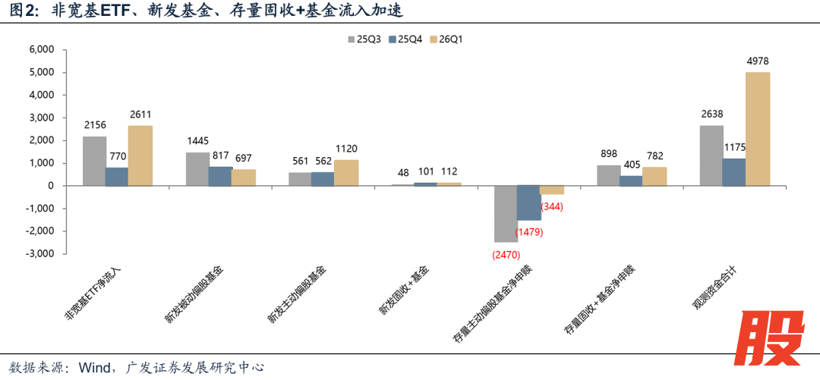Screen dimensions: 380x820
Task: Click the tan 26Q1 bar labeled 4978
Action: [758, 129]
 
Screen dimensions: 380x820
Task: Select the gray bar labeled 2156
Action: [94, 161]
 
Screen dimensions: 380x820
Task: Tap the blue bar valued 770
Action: [116, 177]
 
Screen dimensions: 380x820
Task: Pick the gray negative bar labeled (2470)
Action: [506, 214]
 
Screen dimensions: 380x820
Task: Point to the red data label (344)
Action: [551, 206]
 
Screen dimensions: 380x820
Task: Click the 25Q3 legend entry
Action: [364, 39]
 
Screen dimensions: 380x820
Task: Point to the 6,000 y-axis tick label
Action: [41, 49]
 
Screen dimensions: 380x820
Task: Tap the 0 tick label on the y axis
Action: [50, 186]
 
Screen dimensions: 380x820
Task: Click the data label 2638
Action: [711, 115]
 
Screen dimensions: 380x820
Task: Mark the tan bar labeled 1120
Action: [345, 172]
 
